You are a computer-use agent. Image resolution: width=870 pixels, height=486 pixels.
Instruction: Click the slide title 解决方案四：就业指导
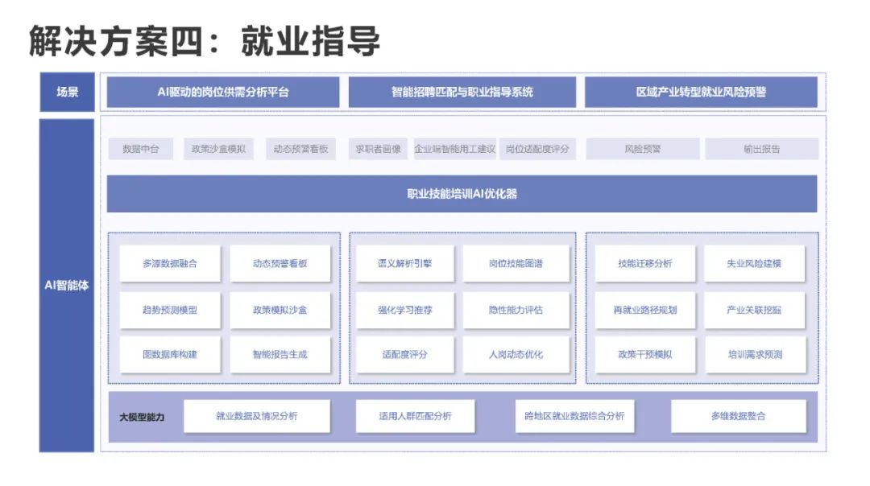(x=204, y=39)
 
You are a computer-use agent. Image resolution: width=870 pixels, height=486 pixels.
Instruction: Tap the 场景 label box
(x=67, y=92)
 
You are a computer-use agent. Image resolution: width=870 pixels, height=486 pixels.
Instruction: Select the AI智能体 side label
(x=67, y=285)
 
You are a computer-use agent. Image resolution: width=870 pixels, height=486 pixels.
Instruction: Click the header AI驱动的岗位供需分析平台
(x=223, y=92)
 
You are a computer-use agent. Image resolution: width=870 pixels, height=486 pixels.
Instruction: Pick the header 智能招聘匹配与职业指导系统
(x=462, y=92)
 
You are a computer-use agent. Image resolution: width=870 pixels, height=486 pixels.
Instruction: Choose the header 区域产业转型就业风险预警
(x=701, y=92)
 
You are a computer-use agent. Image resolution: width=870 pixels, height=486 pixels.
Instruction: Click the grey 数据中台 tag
(x=141, y=149)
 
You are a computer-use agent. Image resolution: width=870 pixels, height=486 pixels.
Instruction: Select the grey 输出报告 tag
(x=761, y=149)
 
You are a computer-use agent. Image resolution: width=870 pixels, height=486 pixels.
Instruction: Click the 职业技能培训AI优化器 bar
(x=462, y=194)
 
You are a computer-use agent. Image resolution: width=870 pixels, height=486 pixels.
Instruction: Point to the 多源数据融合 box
(x=170, y=264)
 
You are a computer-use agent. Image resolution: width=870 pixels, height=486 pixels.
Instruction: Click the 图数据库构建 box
(x=170, y=354)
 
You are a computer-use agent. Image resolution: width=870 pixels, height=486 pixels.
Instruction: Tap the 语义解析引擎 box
(x=404, y=264)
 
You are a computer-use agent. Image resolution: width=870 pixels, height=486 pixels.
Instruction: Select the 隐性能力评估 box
(x=516, y=310)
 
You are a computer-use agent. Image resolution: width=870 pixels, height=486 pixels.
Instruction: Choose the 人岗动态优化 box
(x=516, y=354)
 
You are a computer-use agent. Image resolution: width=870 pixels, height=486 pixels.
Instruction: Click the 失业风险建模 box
(x=755, y=264)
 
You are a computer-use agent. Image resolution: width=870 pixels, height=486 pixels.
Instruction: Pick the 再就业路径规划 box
(x=645, y=310)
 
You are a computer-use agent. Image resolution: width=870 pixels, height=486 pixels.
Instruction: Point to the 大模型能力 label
(x=142, y=417)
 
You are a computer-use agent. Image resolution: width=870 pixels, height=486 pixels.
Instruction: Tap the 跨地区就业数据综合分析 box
(x=574, y=416)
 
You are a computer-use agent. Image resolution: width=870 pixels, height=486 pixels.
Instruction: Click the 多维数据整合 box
(x=738, y=416)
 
